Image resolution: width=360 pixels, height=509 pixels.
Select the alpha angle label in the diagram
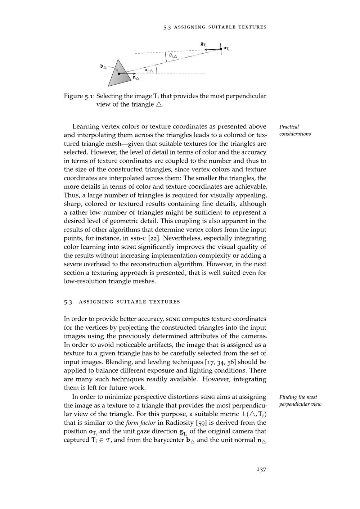coord(149,70)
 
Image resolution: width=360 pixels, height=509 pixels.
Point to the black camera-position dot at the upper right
coord(221,49)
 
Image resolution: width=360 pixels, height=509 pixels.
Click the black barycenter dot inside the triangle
coord(119,74)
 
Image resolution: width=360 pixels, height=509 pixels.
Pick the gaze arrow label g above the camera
coord(203,44)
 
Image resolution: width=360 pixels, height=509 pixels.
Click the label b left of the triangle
coord(103,67)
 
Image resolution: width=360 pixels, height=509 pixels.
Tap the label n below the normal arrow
coord(136,77)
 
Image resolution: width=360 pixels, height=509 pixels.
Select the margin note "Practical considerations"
coord(295,130)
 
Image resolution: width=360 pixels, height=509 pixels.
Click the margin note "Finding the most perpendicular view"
coord(300,401)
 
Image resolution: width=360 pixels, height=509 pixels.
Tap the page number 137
coord(261,469)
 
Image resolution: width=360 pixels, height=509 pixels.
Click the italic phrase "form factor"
coord(140,423)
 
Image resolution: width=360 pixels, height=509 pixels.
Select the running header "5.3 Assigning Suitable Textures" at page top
coord(215,27)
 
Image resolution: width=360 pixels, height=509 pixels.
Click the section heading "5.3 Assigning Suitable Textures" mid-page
coord(122,302)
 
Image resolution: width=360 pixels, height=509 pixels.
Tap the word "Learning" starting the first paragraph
coord(86,126)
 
